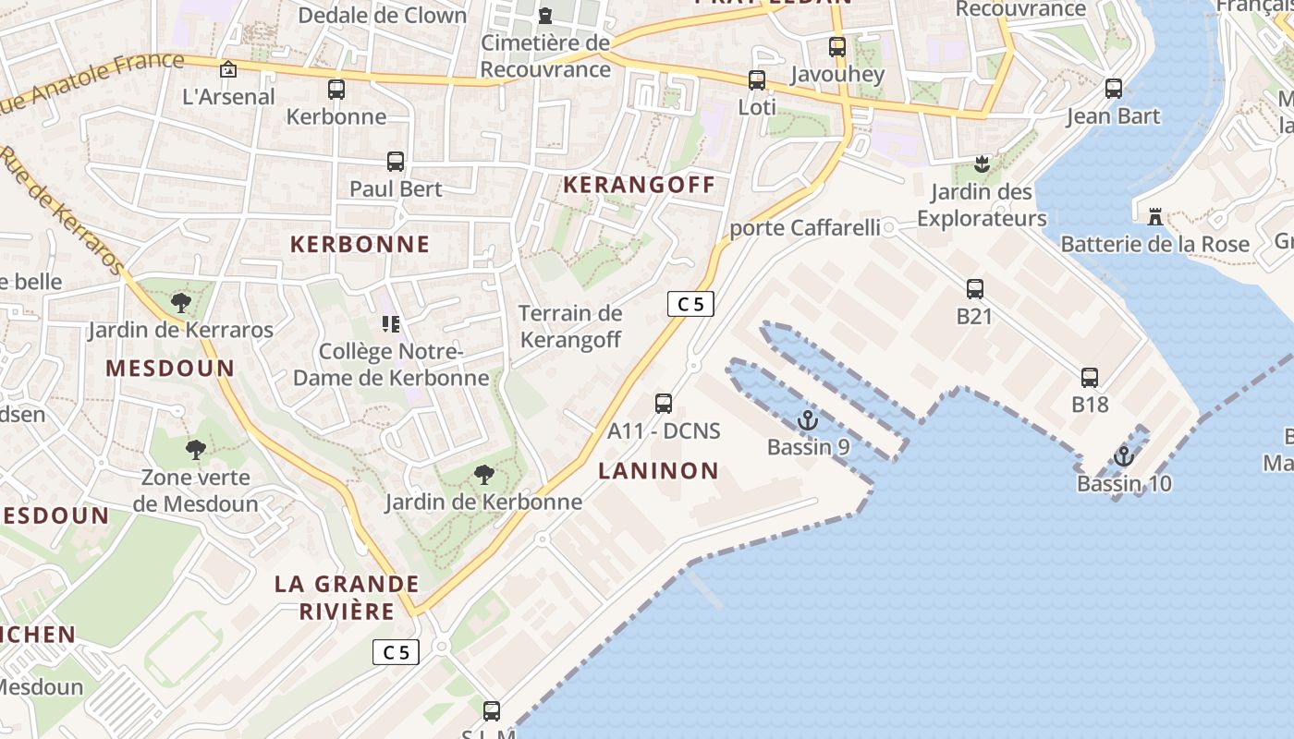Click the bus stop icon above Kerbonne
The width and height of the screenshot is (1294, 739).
click(336, 90)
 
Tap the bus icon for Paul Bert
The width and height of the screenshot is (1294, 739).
click(396, 162)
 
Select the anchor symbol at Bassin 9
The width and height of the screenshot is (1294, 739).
click(808, 420)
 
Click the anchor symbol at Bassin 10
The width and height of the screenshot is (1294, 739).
click(1124, 456)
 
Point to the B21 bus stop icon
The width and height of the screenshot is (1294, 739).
click(975, 289)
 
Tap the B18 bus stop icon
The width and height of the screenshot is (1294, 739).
click(1090, 377)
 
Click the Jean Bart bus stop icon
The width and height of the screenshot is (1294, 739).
click(1114, 89)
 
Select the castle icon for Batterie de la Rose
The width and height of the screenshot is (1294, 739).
click(1155, 217)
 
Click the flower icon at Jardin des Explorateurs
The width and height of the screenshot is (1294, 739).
click(982, 165)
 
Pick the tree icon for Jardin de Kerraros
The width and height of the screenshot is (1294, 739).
click(181, 302)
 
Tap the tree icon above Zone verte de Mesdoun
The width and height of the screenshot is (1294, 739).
click(195, 450)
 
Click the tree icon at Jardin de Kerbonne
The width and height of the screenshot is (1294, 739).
click(482, 475)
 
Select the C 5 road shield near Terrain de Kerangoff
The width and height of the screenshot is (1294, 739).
click(690, 303)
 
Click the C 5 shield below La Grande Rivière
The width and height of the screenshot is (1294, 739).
click(396, 652)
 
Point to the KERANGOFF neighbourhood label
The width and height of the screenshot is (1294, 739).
click(640, 185)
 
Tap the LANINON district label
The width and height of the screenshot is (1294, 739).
click(658, 471)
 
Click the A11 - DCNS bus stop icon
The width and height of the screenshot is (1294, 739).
click(664, 403)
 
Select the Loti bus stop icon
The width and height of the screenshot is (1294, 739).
click(757, 80)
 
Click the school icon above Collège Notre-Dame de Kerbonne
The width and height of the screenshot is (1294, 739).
click(391, 324)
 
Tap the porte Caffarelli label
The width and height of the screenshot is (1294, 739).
click(804, 228)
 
